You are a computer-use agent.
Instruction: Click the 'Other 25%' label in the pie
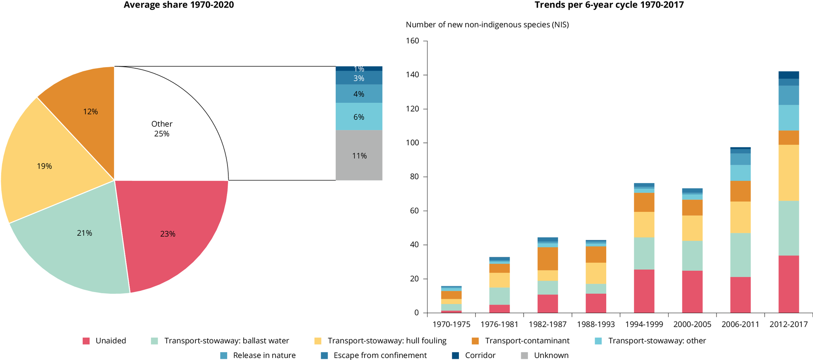point(162,129)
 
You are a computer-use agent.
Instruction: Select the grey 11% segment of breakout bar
point(359,156)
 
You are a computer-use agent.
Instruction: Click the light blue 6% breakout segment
point(359,117)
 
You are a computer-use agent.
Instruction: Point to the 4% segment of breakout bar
point(359,94)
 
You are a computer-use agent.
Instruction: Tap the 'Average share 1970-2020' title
point(179,5)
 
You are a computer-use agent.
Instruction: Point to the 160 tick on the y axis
point(412,41)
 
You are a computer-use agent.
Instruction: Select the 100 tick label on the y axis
point(412,143)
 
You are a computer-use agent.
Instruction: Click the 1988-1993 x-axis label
point(596,324)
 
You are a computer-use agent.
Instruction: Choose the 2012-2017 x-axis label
point(788,324)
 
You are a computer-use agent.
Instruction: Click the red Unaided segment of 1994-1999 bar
point(644,291)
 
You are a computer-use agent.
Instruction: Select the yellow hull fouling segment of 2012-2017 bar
point(788,173)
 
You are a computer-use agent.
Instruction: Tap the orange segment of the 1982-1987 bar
point(548,259)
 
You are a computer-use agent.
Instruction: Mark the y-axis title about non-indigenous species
point(487,25)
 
